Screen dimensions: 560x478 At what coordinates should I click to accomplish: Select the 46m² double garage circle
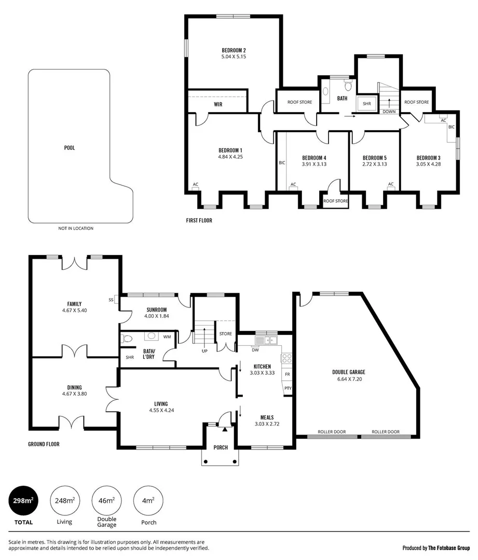[x=106, y=501]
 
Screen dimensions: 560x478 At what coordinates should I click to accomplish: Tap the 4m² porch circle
[x=148, y=501]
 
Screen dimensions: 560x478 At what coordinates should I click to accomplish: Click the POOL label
[x=69, y=148]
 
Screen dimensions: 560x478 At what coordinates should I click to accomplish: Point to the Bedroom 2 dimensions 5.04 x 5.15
[x=233, y=57]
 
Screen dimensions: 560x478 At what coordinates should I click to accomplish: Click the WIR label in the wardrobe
[x=218, y=104]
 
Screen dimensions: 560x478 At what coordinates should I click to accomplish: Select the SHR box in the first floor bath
[x=367, y=104]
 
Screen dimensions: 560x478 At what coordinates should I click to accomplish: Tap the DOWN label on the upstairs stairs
[x=388, y=111]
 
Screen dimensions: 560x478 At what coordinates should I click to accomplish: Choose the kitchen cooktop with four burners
[x=286, y=358]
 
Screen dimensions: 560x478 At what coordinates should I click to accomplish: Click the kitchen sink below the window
[x=268, y=341]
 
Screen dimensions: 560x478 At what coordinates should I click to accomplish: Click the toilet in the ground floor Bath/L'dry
[x=126, y=339]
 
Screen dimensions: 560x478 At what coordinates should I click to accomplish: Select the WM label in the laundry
[x=167, y=337]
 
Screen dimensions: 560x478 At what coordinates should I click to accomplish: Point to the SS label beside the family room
[x=111, y=300]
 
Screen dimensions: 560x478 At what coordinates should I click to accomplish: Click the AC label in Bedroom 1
[x=196, y=184]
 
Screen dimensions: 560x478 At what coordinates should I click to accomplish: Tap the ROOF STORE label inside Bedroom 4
[x=335, y=201]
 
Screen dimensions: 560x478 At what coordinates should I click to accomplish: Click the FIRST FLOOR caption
[x=199, y=220]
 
